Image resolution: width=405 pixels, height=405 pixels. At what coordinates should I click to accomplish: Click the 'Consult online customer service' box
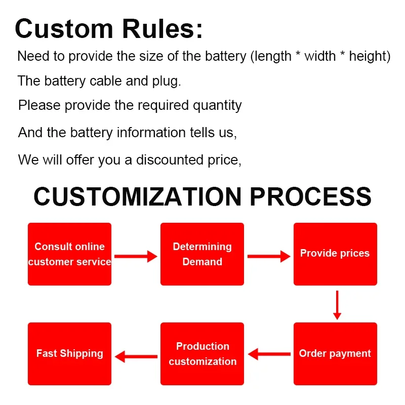(69, 254)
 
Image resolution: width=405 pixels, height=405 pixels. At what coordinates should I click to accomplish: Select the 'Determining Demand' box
(202, 254)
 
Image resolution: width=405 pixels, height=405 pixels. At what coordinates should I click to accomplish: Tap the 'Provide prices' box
(335, 254)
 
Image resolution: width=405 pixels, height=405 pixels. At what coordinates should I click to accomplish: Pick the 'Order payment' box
(335, 354)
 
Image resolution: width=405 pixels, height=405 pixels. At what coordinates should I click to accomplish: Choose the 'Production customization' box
(202, 354)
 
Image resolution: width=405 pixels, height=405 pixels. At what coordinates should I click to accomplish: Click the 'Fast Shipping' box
(69, 354)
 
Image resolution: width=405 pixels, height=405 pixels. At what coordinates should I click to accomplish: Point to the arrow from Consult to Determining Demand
(136, 257)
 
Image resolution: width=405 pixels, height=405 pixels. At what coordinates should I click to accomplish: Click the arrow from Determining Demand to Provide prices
(268, 257)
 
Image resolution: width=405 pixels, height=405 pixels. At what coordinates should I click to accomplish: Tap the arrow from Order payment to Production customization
(269, 354)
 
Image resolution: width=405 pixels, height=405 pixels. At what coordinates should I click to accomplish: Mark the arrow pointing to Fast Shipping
(136, 356)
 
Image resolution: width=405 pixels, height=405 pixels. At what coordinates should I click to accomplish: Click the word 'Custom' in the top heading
(64, 29)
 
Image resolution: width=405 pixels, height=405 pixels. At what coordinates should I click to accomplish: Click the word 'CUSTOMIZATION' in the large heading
(138, 196)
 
